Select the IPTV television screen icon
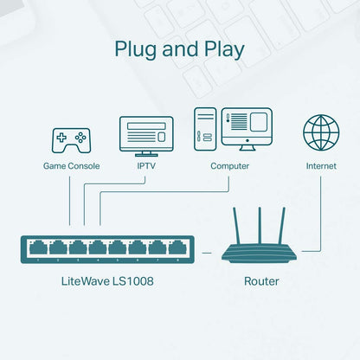pos(146,135)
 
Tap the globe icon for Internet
pos(320,132)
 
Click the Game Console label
pos(71,165)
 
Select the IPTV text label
pos(146,165)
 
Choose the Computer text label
pos(230,165)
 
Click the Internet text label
pos(320,165)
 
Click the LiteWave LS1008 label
pos(108,281)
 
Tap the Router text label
pos(261,281)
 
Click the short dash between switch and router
pos(206,252)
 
